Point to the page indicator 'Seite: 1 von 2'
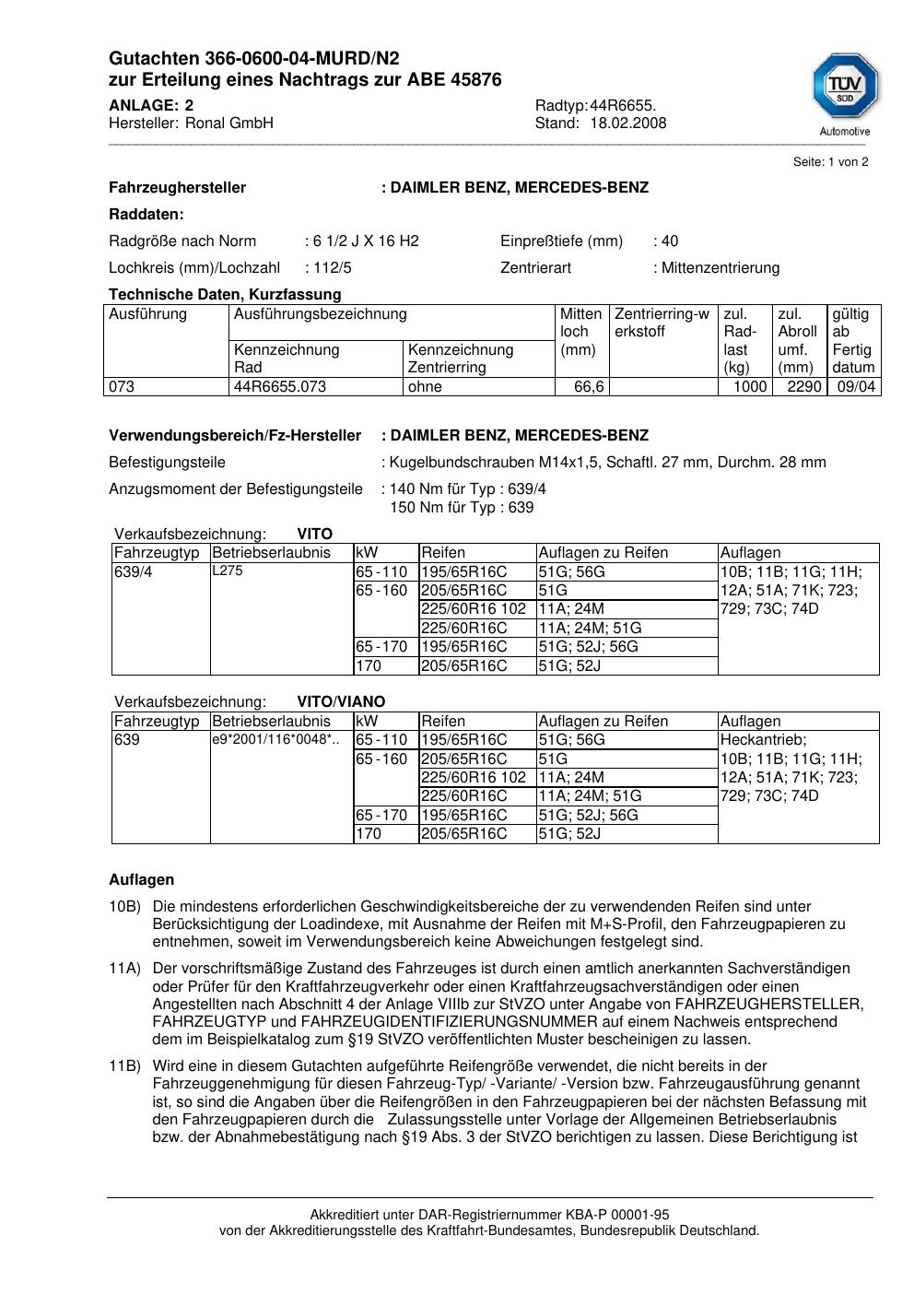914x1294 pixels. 830,162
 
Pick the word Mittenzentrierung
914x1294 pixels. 720,268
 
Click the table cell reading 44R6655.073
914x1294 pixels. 280,387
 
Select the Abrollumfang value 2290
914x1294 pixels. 803,387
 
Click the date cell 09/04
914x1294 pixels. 856,387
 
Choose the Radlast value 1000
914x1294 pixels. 750,387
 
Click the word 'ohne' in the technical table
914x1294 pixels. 425,387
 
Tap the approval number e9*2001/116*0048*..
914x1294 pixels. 275,739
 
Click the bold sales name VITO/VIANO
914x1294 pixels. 341,702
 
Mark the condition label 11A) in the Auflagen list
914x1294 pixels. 124,969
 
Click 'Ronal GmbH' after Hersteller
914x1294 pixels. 229,124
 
